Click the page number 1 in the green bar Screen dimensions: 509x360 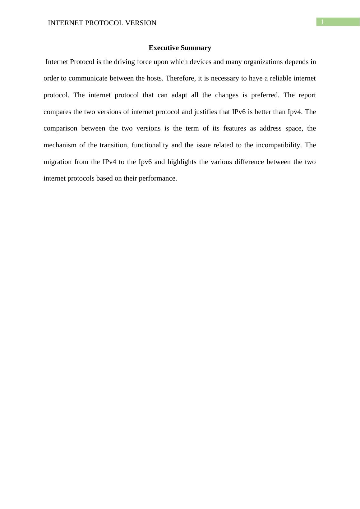tap(323, 22)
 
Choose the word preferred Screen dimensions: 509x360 tap(265, 95)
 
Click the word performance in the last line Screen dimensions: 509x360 tap(158, 179)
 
